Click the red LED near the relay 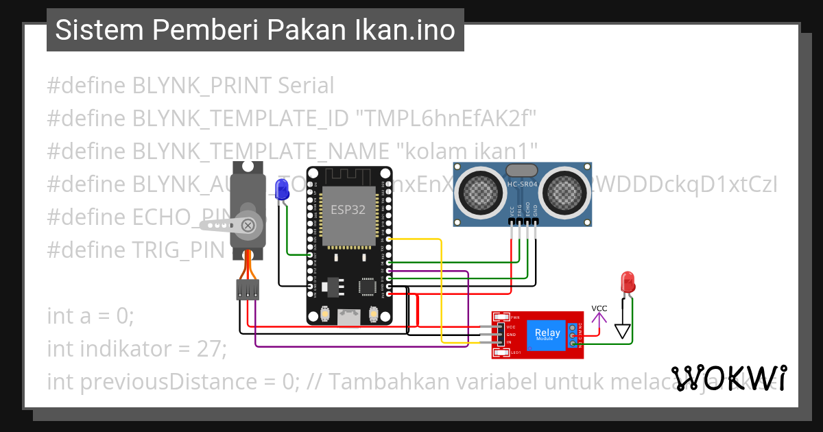pyautogui.click(x=626, y=281)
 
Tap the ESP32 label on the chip pyautogui.click(x=348, y=210)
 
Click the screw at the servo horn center pyautogui.click(x=249, y=224)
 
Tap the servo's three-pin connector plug pyautogui.click(x=248, y=289)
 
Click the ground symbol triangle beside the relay pyautogui.click(x=622, y=332)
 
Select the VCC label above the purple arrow pyautogui.click(x=599, y=308)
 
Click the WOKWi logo pyautogui.click(x=728, y=378)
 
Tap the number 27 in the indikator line pyautogui.click(x=208, y=348)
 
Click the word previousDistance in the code pyautogui.click(x=179, y=381)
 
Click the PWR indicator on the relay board pyautogui.click(x=502, y=317)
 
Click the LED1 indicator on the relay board pyautogui.click(x=502, y=352)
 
